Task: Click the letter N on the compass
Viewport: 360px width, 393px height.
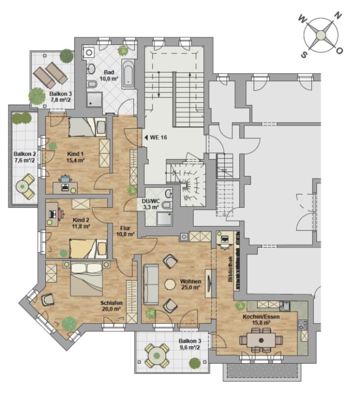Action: (338, 16)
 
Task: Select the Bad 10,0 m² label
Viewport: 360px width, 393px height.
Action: (109, 75)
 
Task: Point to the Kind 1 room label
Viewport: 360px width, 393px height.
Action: (75, 157)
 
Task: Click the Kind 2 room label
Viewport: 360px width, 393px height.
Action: (81, 223)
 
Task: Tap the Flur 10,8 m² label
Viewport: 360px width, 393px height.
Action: (125, 231)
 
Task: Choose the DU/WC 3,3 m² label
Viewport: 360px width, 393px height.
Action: (151, 204)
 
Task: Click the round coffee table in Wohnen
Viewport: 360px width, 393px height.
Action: (170, 285)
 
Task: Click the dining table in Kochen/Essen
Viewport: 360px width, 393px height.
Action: (261, 340)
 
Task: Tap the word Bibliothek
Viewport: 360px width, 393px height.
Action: (230, 268)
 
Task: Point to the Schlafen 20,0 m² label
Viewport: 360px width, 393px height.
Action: (111, 306)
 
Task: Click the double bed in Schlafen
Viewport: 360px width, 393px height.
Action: (87, 279)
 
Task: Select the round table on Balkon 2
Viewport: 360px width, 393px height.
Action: (23, 186)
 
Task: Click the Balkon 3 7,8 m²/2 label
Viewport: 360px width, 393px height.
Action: (61, 97)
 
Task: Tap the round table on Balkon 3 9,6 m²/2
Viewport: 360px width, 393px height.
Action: (157, 356)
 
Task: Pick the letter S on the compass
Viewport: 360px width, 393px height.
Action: (304, 54)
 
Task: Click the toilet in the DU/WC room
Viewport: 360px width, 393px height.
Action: (167, 205)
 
